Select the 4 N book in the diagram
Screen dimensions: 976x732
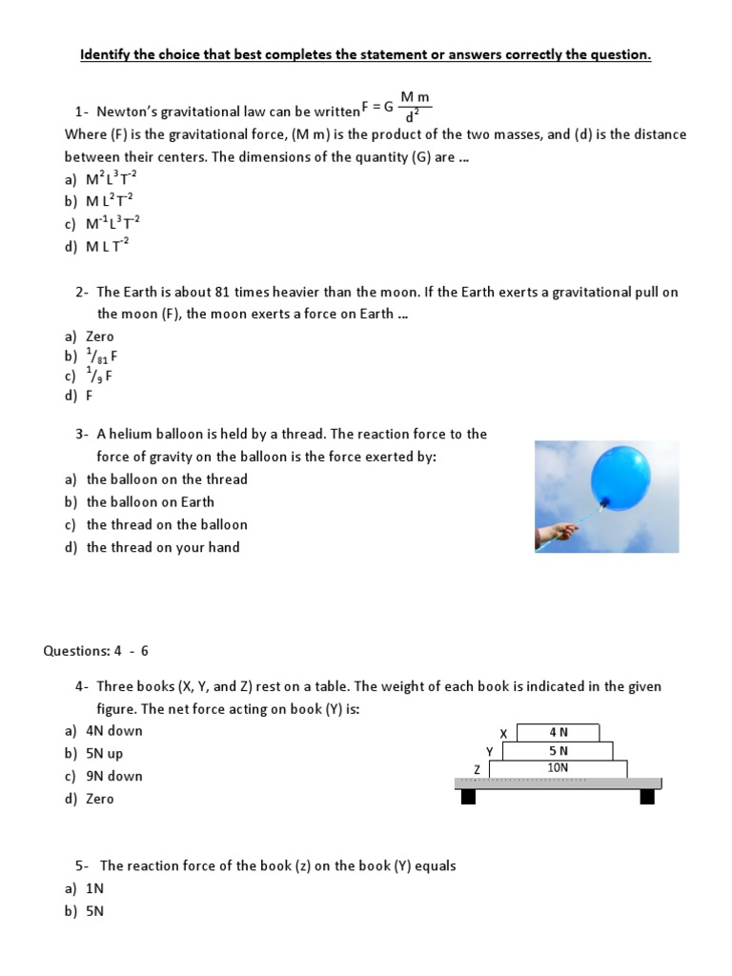click(x=558, y=732)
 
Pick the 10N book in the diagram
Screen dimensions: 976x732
click(x=558, y=767)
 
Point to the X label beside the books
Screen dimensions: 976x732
click(x=504, y=733)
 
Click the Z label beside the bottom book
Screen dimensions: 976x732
click(x=477, y=768)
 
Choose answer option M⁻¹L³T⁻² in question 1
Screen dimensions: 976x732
click(x=113, y=223)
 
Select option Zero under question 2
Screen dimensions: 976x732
click(x=99, y=336)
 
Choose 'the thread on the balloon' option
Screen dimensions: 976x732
click(x=167, y=524)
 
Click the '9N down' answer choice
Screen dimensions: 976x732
click(x=113, y=776)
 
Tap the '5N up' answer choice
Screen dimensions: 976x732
click(x=104, y=753)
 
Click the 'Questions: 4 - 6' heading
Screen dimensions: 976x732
click(x=96, y=651)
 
